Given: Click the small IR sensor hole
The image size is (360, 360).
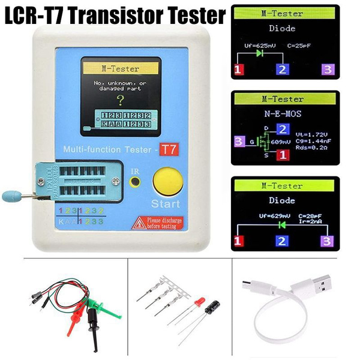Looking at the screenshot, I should click(136, 180).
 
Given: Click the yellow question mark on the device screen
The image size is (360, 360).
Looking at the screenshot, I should click(120, 100).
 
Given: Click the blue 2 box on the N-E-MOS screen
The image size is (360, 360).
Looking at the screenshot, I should click(283, 128).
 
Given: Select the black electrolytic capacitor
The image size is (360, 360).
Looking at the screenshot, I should click(212, 308).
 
